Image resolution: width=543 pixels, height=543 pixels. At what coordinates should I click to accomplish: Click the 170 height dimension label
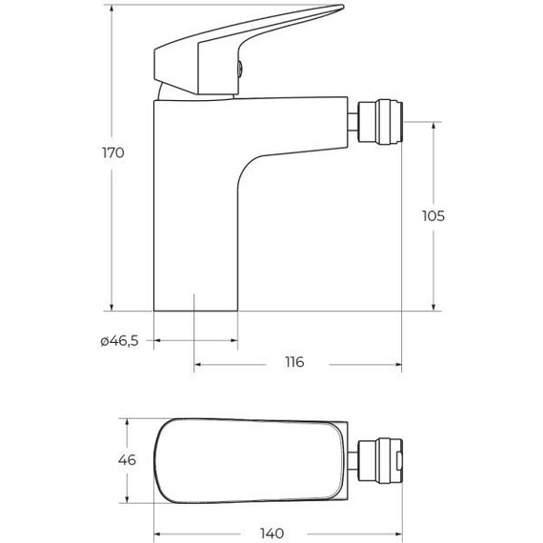point(113,152)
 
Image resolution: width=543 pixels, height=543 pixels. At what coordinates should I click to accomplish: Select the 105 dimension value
point(433,216)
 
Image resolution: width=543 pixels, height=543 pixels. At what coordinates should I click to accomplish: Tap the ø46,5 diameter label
point(119,341)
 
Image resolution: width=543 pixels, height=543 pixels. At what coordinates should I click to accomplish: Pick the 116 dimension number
point(294,362)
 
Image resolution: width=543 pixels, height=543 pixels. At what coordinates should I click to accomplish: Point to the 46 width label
point(127,460)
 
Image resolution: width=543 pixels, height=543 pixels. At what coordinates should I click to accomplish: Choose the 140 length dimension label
point(271,533)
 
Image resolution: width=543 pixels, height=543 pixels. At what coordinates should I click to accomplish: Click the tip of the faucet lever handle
point(343,7)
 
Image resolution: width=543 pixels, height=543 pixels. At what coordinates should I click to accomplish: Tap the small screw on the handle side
point(240,68)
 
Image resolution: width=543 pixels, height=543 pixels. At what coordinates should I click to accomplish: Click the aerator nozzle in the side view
point(381,122)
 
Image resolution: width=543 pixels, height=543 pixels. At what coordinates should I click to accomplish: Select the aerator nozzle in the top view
point(381,460)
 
